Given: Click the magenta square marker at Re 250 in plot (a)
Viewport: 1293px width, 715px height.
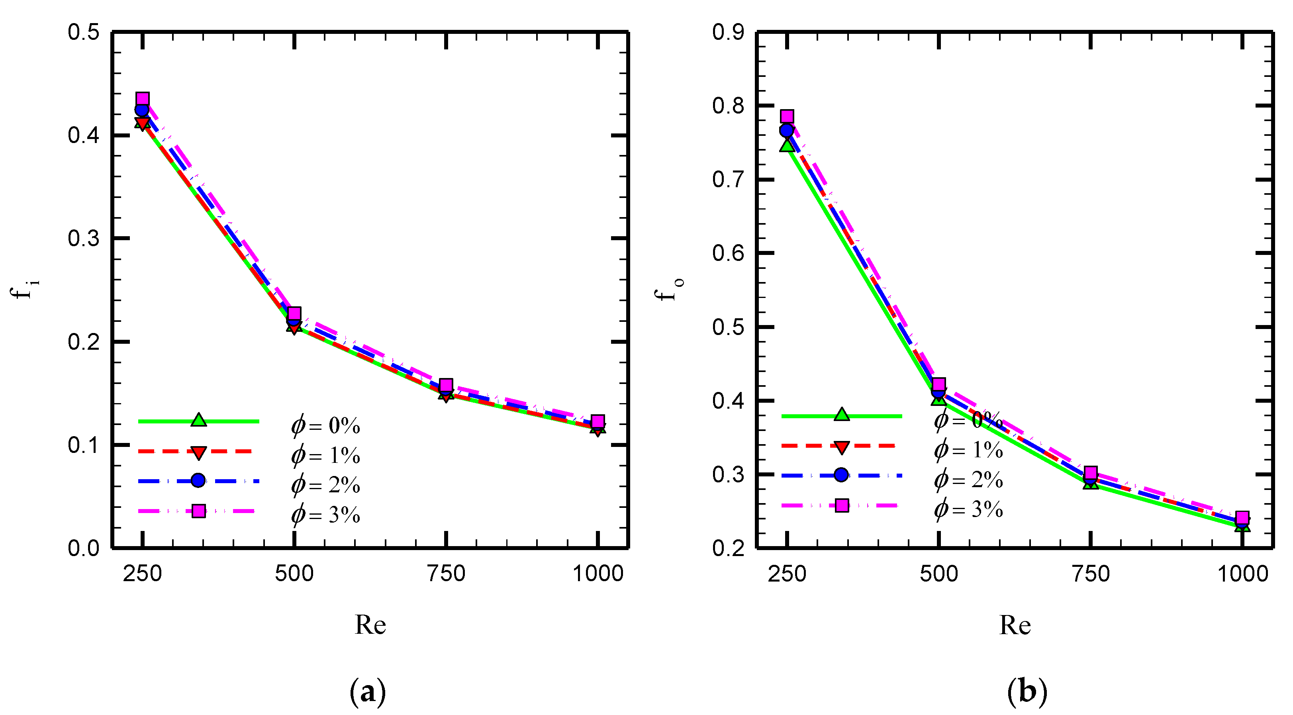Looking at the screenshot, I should (x=143, y=98).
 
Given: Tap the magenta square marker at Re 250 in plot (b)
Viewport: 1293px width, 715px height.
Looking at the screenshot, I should (x=787, y=116).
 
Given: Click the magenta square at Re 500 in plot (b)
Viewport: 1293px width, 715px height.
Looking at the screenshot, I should (x=938, y=384).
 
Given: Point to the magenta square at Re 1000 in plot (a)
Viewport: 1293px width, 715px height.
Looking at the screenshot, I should (x=598, y=421).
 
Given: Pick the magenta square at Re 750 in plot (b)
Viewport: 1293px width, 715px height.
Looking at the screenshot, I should (x=1090, y=472).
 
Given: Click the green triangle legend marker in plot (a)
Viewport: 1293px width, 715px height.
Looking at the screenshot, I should (x=199, y=420).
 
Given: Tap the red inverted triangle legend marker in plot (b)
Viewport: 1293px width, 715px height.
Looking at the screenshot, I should (x=841, y=447).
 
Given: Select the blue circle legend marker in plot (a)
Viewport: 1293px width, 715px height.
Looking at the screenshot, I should (x=198, y=480).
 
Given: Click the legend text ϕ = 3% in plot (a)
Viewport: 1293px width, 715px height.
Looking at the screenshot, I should (x=325, y=515).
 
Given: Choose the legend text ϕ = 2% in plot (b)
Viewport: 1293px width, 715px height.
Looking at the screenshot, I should (x=968, y=480).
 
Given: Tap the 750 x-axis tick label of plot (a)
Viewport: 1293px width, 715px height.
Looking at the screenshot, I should (x=446, y=574).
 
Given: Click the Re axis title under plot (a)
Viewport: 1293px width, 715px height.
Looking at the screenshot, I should (x=370, y=625).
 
